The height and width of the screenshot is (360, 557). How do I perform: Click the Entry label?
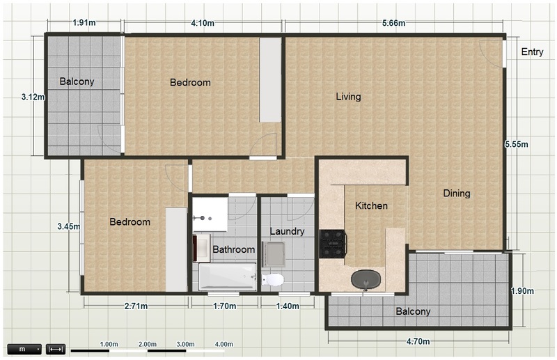[x=532, y=52]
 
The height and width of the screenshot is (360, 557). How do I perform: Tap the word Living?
[x=349, y=97]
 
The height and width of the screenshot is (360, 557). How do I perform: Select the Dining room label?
[x=457, y=194]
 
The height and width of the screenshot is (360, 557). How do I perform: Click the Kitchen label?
[x=371, y=205]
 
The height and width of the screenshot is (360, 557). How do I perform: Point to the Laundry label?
[x=287, y=232]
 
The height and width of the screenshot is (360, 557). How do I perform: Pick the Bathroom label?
[x=234, y=249]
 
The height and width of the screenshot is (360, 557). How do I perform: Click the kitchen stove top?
[x=333, y=244]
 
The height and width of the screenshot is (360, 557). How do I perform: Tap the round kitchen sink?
[x=366, y=280]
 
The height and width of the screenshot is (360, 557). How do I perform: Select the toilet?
[x=273, y=279]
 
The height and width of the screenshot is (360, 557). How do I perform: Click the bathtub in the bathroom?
[x=228, y=277]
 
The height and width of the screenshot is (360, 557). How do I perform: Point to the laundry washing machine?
[x=274, y=254]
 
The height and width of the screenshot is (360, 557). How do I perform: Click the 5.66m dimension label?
[x=393, y=24]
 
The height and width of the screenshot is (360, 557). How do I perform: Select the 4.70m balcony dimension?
[x=418, y=341]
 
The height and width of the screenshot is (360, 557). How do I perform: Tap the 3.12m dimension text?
[x=33, y=97]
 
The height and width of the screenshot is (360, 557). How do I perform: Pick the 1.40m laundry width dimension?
[x=288, y=306]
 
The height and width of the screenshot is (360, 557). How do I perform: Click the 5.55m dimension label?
[x=516, y=144]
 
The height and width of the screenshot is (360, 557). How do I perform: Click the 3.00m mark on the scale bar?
[x=186, y=344]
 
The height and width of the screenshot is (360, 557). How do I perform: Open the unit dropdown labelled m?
[x=24, y=350]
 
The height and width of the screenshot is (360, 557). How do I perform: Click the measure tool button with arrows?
[x=56, y=350]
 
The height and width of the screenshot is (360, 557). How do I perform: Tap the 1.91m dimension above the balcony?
[x=84, y=23]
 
